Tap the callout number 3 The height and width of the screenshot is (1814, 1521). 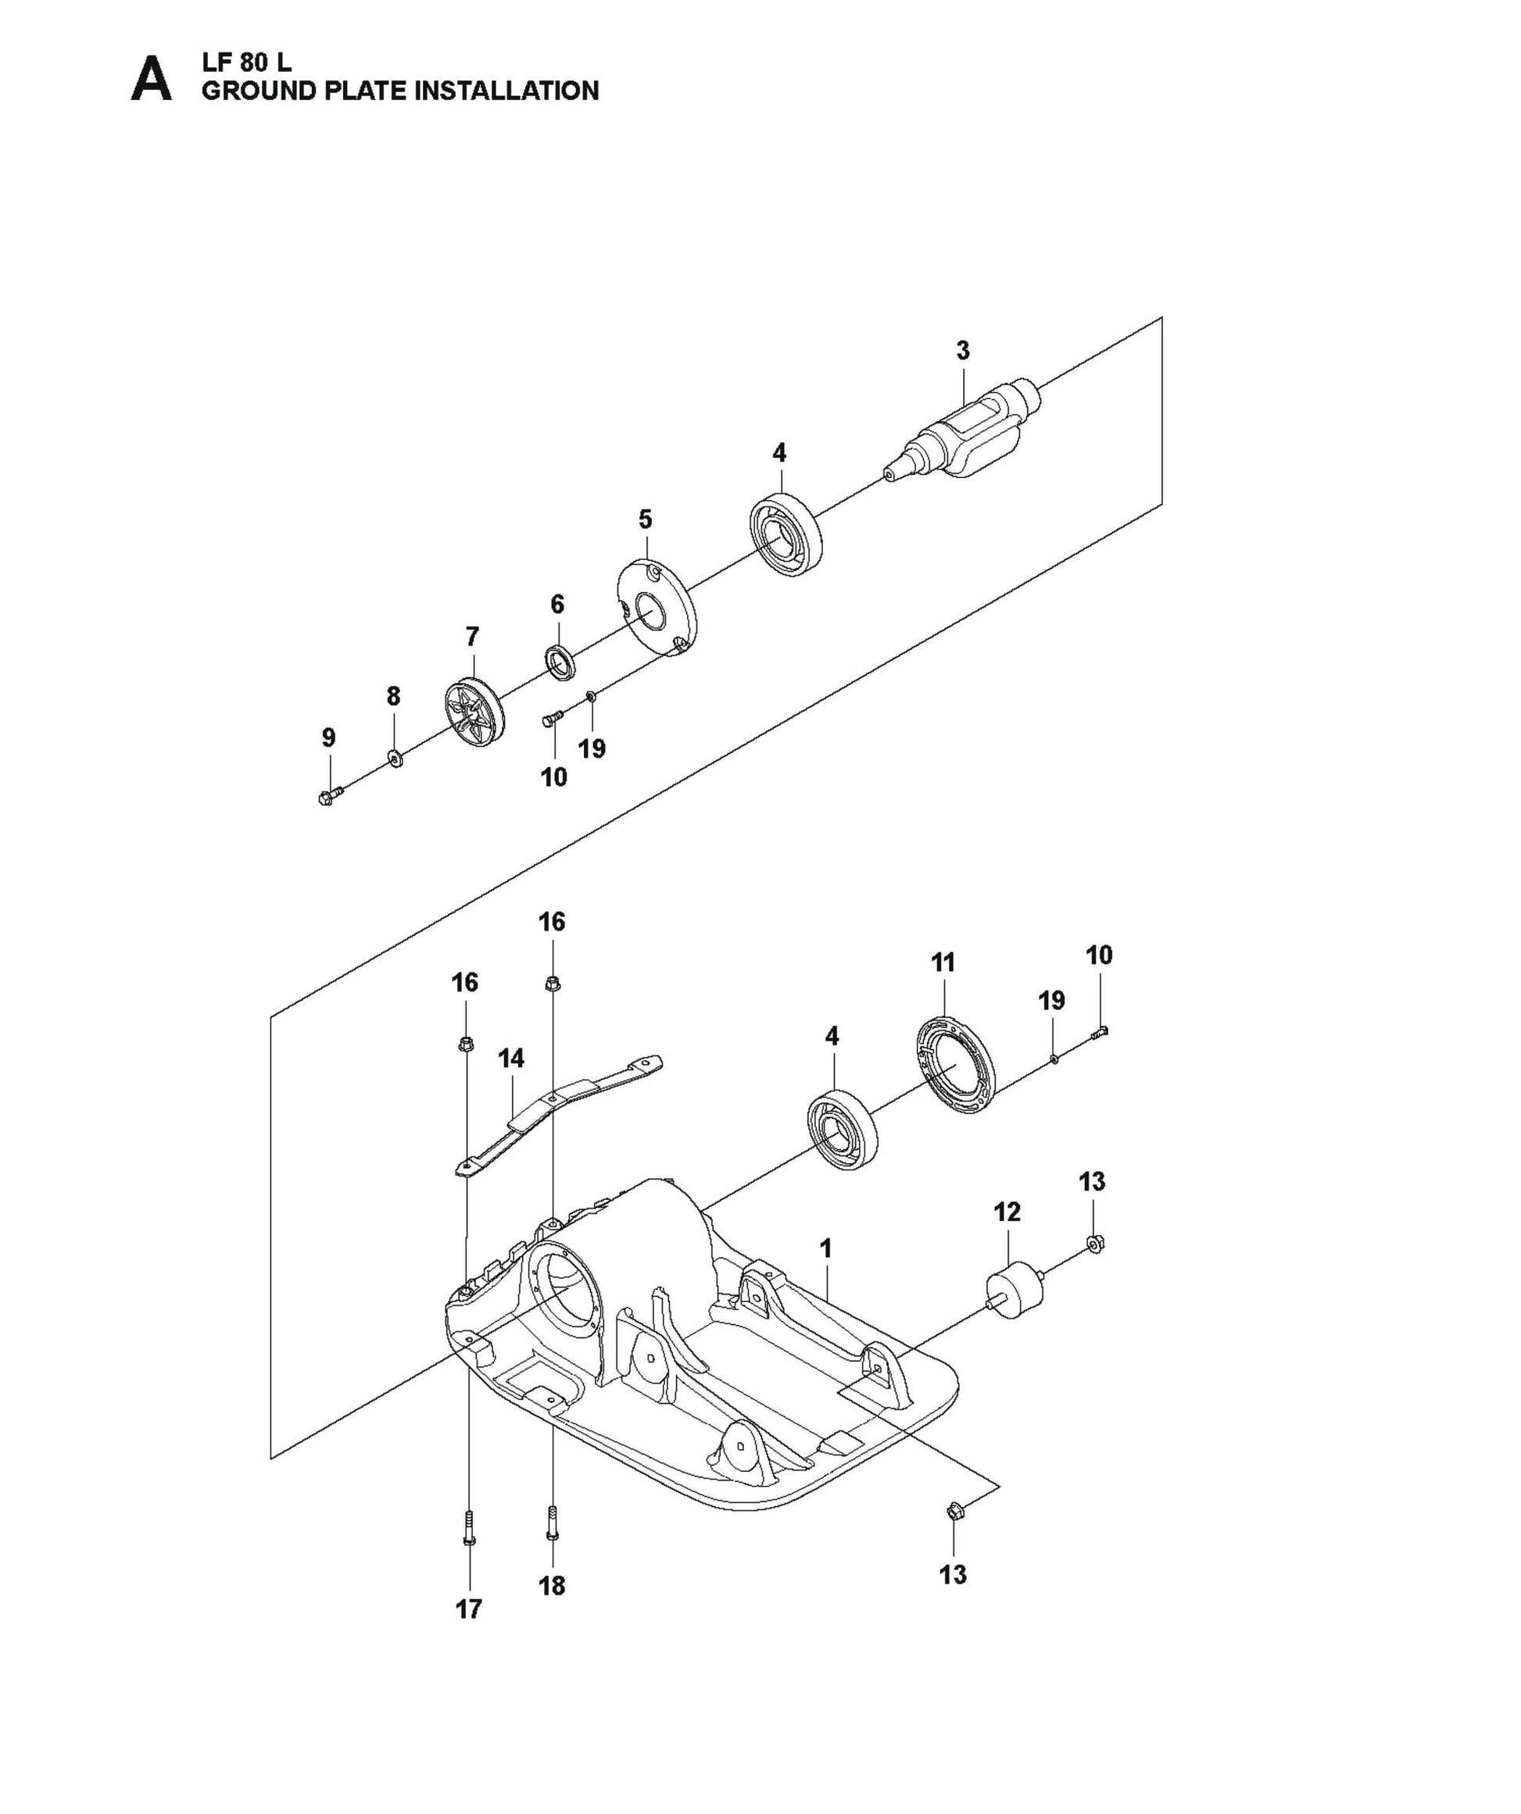click(962, 351)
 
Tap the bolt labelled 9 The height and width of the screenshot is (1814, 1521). click(329, 794)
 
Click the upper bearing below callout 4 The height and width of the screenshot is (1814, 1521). click(785, 533)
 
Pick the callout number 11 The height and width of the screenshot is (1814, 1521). click(943, 962)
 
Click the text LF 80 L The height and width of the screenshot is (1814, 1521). click(246, 63)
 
